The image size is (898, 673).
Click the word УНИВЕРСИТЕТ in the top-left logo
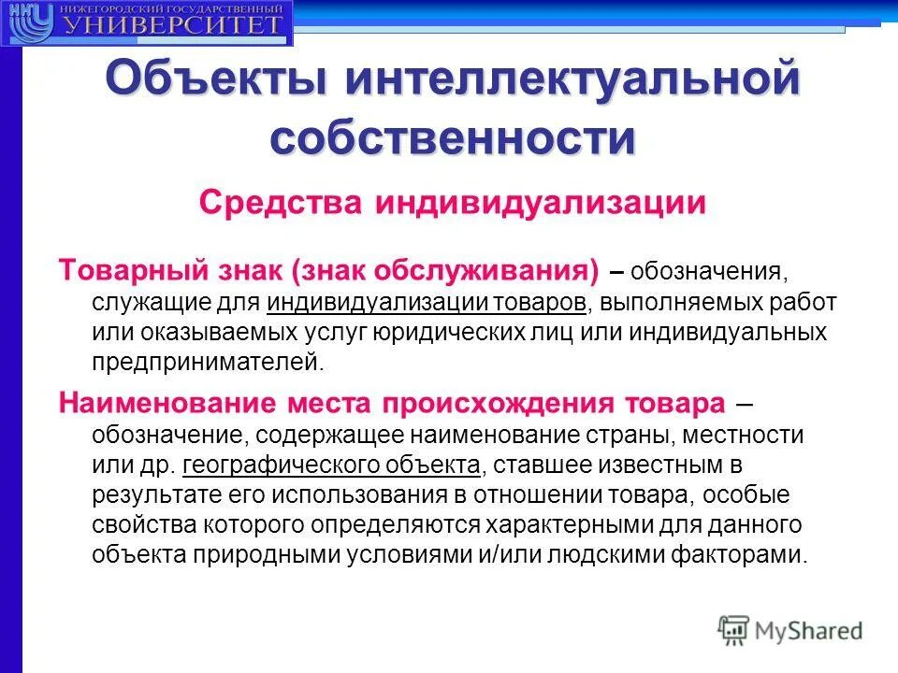click(x=173, y=24)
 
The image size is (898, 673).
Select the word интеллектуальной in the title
click(x=573, y=79)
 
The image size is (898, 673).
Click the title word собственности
click(x=453, y=138)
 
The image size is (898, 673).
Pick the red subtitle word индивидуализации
click(x=541, y=202)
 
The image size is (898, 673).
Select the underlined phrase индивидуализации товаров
click(x=427, y=302)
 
